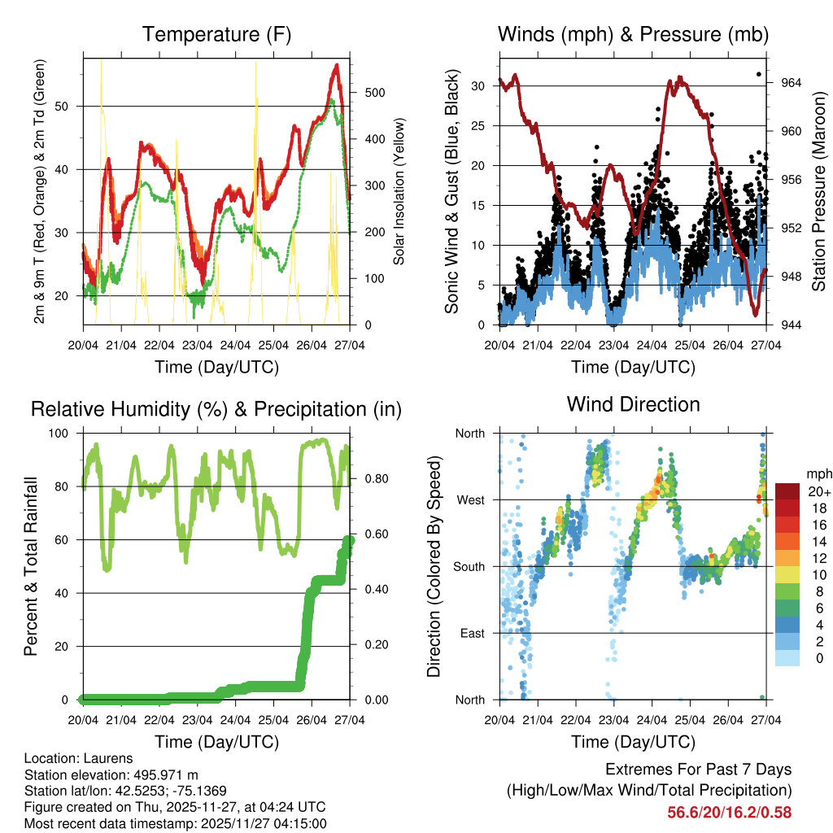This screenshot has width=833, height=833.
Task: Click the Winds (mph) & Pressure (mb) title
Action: click(x=633, y=35)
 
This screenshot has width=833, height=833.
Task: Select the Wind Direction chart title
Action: click(x=633, y=404)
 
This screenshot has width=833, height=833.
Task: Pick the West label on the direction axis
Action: click(x=470, y=499)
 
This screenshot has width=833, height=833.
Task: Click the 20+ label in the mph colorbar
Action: click(x=818, y=492)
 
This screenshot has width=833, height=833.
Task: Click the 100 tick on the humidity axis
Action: click(x=64, y=434)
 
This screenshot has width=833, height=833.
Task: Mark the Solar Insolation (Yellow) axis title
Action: click(x=399, y=192)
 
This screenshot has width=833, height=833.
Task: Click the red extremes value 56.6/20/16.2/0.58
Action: click(x=729, y=812)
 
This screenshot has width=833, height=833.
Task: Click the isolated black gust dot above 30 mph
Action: click(x=759, y=74)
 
